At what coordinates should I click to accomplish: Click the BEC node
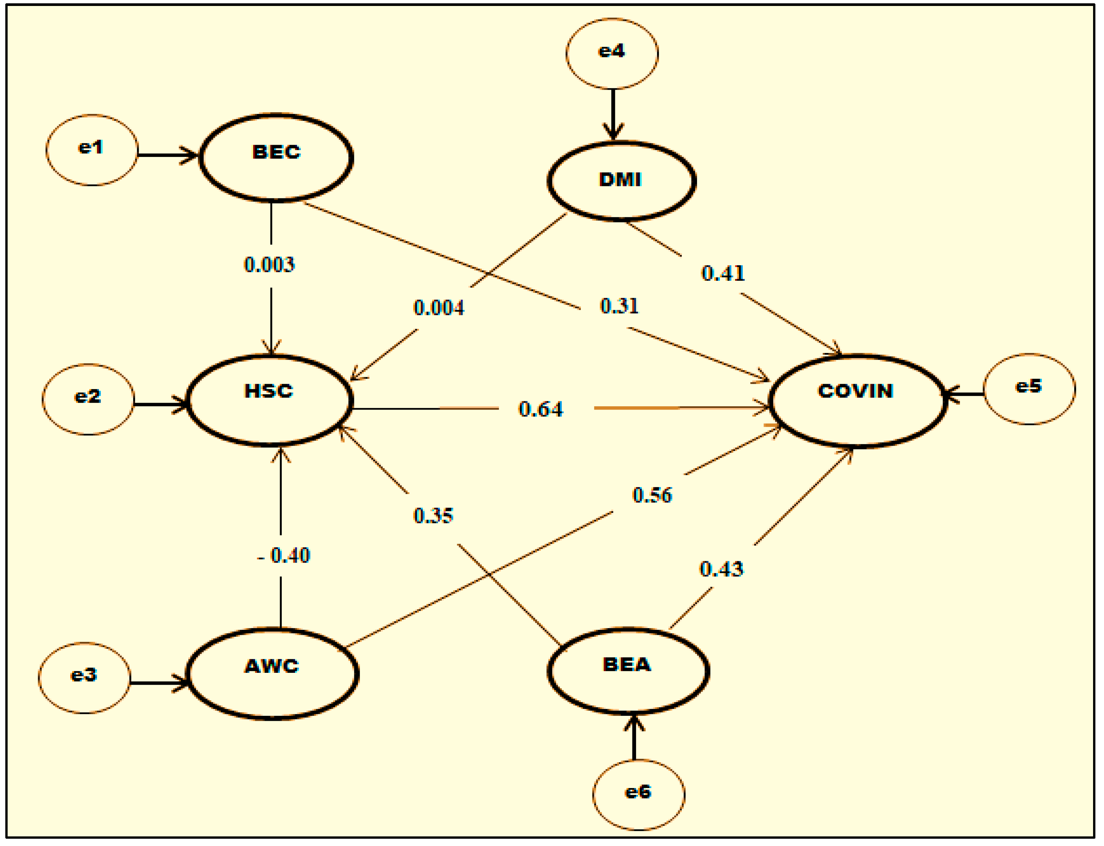pos(276,157)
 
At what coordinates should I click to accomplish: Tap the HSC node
pos(270,400)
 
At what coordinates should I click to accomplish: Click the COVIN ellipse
pos(856,400)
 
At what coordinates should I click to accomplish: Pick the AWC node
pos(272,673)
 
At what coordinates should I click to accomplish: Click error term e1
pos(92,150)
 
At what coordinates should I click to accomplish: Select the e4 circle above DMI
pos(612,53)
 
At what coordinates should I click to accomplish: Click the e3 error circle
pos(84,677)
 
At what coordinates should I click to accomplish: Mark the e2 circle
pos(88,399)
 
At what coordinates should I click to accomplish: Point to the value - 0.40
pos(283,555)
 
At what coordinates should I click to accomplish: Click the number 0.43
pos(721,569)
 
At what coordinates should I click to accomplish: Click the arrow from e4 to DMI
pos(613,113)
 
